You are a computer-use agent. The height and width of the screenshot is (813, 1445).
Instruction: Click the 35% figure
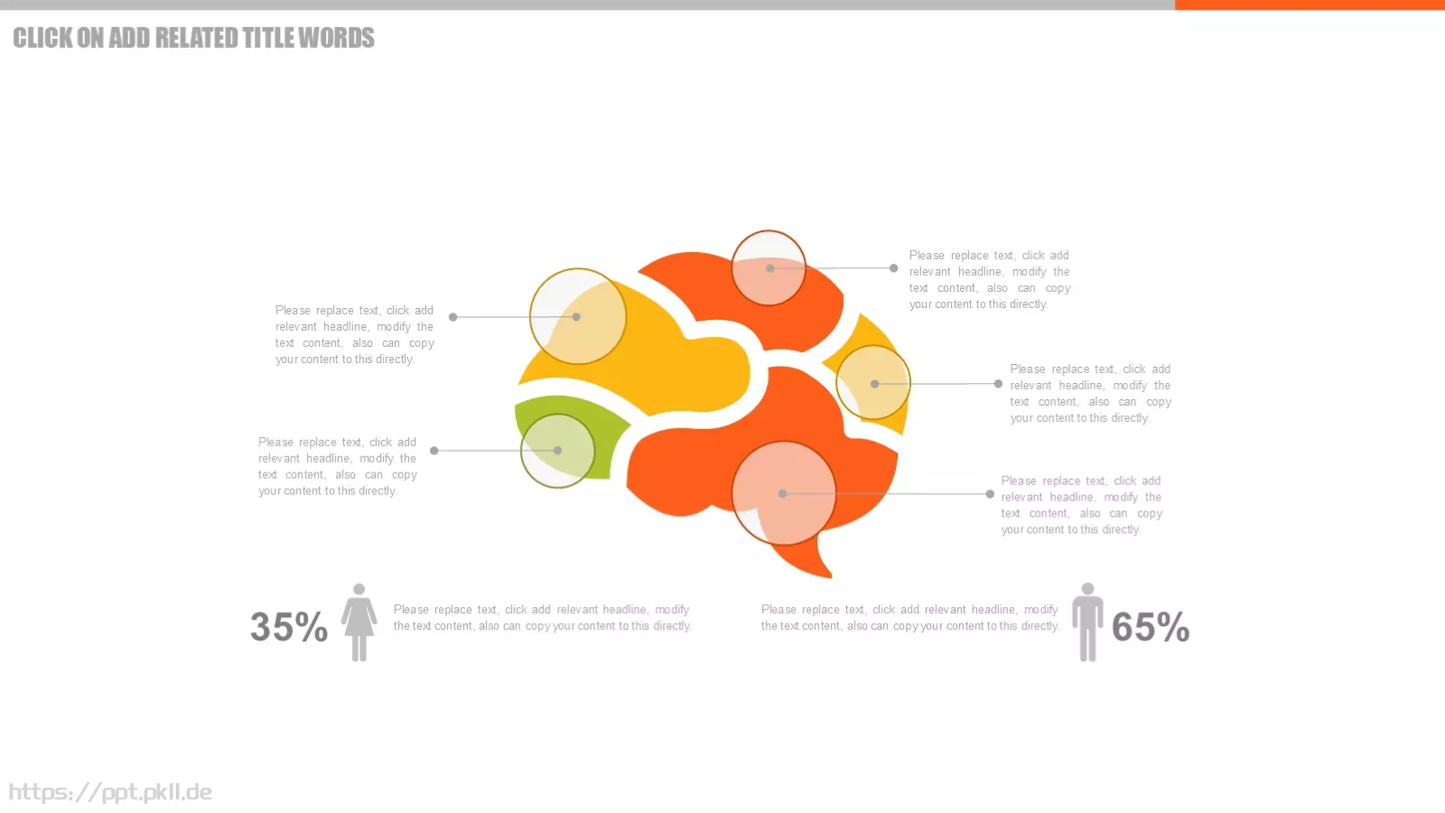(289, 627)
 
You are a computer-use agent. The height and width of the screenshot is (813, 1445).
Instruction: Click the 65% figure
(1151, 627)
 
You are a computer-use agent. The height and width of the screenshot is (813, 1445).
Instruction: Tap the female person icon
(359, 622)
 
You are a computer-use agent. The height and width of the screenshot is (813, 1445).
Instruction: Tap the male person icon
(1087, 622)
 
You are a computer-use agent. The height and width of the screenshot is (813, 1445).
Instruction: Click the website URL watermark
(110, 791)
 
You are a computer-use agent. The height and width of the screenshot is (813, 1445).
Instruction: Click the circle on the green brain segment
(557, 451)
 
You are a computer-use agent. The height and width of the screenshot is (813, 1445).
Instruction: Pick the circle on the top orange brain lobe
(769, 267)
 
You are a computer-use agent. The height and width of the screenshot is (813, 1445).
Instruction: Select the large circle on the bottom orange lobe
(784, 493)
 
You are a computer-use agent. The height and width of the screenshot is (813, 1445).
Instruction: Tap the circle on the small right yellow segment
(873, 383)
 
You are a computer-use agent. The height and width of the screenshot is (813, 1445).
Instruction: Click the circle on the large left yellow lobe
(577, 316)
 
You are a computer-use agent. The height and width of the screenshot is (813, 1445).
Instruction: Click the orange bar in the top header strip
(1310, 5)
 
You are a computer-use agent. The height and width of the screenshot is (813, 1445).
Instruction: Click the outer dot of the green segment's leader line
(434, 451)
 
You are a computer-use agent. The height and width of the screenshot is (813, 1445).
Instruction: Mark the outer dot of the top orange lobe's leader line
(893, 267)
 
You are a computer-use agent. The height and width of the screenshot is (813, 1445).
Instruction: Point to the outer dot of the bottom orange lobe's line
(990, 494)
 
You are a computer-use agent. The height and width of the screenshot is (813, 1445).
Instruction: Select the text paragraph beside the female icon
(543, 618)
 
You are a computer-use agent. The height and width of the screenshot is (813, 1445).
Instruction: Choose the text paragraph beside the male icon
(909, 618)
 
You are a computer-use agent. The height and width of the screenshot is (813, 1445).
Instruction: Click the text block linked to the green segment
(338, 466)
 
